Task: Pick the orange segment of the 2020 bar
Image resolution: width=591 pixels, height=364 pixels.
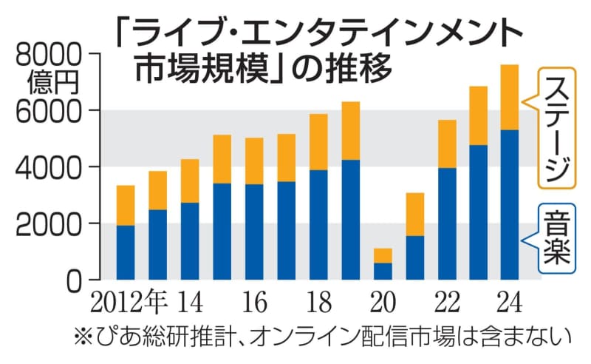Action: (x=383, y=256)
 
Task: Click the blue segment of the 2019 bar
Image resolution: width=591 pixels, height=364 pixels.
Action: (x=350, y=220)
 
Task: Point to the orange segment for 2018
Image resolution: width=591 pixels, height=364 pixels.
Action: (x=318, y=142)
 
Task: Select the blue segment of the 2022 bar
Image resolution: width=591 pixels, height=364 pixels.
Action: (x=447, y=224)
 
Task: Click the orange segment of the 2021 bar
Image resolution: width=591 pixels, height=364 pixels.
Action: (x=414, y=215)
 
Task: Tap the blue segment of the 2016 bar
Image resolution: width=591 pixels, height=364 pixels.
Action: (x=254, y=232)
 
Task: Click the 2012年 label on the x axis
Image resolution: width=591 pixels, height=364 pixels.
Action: (x=131, y=303)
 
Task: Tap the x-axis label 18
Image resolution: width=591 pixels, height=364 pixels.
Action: (x=318, y=303)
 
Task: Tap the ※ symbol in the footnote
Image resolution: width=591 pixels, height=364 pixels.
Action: (x=83, y=338)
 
